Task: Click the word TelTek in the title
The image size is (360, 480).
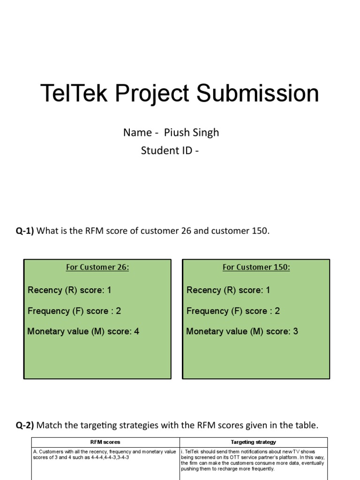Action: (x=75, y=93)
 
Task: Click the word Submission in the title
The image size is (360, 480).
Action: (x=257, y=93)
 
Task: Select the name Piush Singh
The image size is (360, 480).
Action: (x=191, y=133)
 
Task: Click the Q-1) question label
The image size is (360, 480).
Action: (x=25, y=232)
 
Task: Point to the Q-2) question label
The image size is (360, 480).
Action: (x=25, y=426)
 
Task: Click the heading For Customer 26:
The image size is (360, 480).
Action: (x=97, y=267)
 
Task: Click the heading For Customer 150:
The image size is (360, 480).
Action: (x=256, y=267)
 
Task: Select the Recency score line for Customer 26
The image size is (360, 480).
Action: (x=69, y=290)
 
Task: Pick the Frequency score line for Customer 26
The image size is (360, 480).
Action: (x=75, y=311)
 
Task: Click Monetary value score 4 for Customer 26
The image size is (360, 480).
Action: (x=83, y=331)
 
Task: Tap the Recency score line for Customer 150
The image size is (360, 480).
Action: (x=228, y=290)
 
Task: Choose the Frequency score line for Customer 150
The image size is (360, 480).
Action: (x=233, y=311)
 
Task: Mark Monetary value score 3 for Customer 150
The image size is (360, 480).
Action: (x=242, y=331)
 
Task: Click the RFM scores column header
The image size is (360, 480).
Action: (x=105, y=442)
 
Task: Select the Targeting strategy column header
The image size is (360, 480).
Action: (x=254, y=442)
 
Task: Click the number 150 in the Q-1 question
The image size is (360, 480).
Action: (x=261, y=232)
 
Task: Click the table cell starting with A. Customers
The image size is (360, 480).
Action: (x=105, y=455)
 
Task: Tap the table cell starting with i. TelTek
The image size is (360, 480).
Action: (x=253, y=460)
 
